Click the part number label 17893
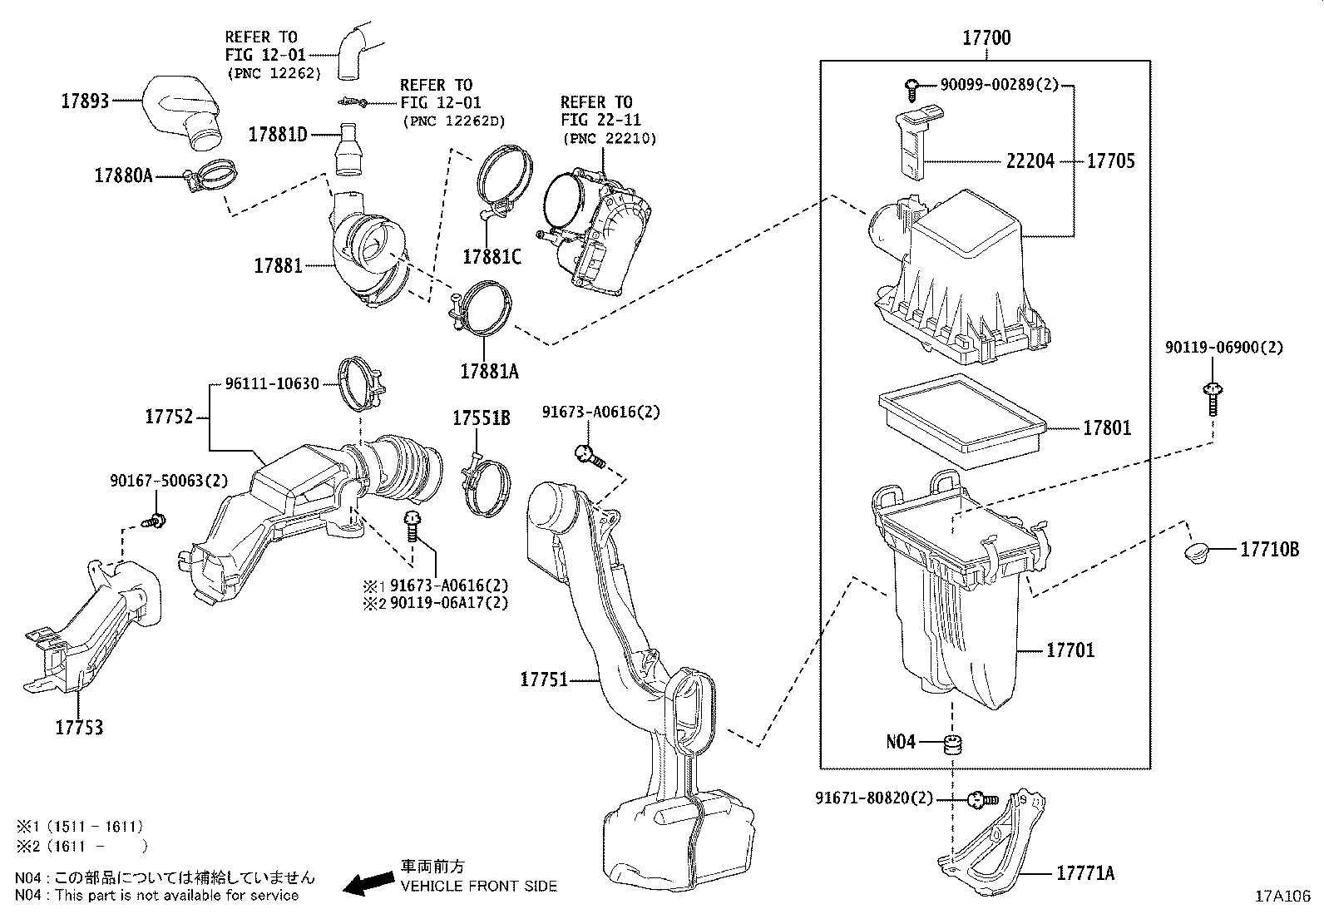85,102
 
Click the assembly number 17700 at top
986,37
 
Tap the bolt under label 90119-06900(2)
1213,398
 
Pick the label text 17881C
492,257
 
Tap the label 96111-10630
272,384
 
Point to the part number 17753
80,728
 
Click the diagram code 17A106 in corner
1283,897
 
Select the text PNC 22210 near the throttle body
610,139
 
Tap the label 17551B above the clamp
481,418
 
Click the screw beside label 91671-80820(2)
982,800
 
